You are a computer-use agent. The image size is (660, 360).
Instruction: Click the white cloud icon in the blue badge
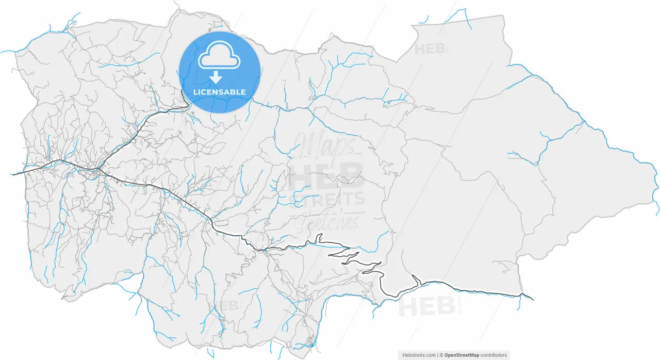220,57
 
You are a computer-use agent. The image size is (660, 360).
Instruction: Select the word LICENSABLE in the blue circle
220,92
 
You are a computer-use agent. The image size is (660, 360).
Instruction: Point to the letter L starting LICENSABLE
195,92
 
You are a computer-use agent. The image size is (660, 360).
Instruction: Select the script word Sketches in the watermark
327,220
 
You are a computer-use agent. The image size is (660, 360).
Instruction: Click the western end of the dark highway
13,174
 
